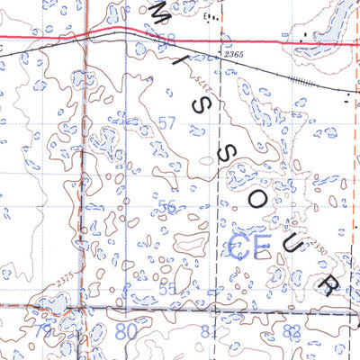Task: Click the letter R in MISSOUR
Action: coord(329,286)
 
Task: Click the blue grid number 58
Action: coord(168,39)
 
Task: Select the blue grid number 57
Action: coord(166,121)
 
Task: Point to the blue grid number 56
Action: coord(167,206)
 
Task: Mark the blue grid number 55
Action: coord(167,288)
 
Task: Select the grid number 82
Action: coord(291,332)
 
